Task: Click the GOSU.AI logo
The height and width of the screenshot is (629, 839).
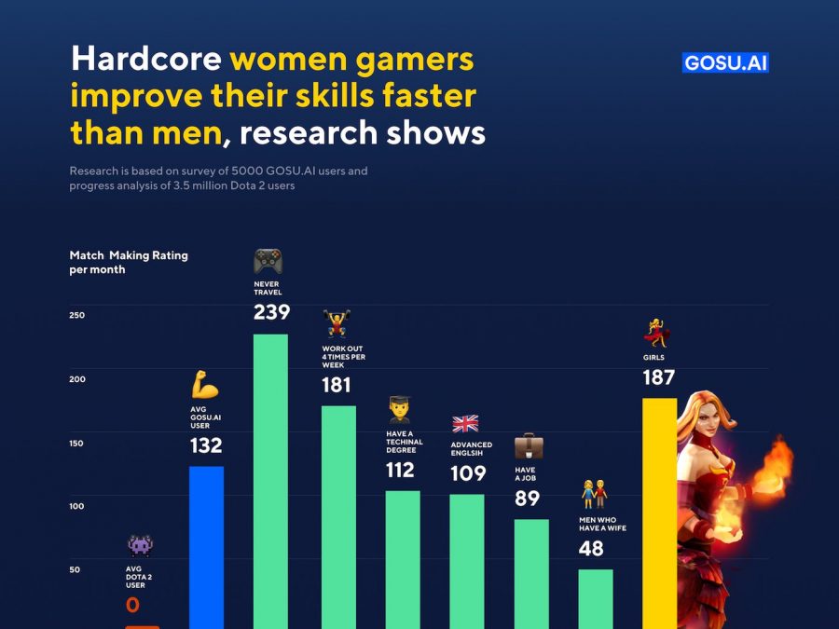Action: (725, 63)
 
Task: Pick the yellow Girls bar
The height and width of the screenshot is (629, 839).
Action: (659, 513)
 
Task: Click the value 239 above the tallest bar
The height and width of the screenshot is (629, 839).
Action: (271, 312)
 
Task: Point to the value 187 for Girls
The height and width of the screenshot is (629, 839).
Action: (658, 377)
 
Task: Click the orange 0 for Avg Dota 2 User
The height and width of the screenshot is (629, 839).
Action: (132, 606)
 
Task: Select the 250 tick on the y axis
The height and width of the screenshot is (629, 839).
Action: (76, 315)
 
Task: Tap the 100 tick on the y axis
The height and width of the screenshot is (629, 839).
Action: (76, 506)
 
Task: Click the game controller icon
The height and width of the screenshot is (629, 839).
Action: (268, 261)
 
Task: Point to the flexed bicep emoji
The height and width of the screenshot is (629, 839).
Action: (205, 384)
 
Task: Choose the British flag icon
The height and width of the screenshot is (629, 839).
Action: (465, 424)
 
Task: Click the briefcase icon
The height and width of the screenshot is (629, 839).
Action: (529, 446)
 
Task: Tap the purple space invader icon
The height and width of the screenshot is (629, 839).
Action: (141, 545)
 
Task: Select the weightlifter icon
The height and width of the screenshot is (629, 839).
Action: (336, 324)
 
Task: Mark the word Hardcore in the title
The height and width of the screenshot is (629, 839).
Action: (146, 60)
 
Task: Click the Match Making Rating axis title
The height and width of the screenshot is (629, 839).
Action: (128, 262)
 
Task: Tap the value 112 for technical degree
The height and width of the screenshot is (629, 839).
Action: (400, 471)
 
